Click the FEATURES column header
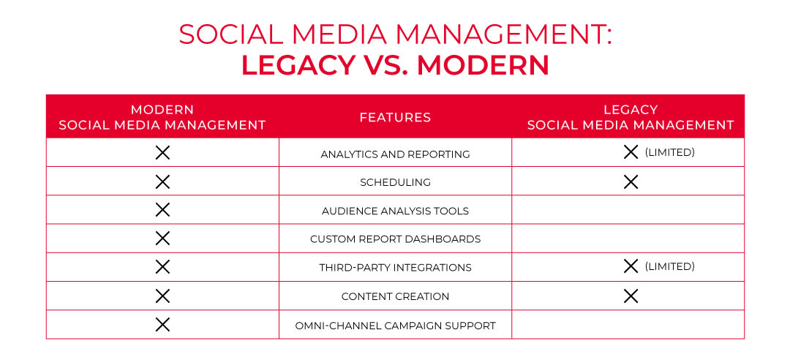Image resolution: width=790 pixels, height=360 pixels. (x=395, y=117)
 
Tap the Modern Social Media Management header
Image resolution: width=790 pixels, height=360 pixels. (x=162, y=117)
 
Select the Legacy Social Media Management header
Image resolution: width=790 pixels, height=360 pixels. (x=630, y=117)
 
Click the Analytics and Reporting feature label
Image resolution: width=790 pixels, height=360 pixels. (x=395, y=154)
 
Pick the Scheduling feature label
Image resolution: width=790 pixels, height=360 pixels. (x=395, y=182)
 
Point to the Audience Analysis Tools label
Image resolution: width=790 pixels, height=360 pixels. (x=395, y=211)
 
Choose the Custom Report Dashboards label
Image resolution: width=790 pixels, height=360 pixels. (x=395, y=239)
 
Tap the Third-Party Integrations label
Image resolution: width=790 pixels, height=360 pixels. (x=395, y=268)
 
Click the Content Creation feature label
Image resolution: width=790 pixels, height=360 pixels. (x=395, y=296)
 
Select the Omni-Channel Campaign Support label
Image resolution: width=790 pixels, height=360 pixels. (x=395, y=325)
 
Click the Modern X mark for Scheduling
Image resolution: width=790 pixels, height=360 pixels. (x=162, y=181)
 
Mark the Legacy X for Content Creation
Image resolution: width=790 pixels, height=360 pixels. (x=631, y=296)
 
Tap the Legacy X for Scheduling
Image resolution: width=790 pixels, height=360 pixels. (x=631, y=181)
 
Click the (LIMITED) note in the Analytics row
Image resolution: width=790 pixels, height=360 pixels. (x=669, y=153)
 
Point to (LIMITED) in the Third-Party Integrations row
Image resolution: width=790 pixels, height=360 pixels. (x=669, y=267)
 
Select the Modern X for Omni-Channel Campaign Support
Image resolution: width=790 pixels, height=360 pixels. (x=162, y=324)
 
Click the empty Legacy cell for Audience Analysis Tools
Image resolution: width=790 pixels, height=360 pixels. (x=628, y=210)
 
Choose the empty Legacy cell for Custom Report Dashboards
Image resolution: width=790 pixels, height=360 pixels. (x=628, y=239)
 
